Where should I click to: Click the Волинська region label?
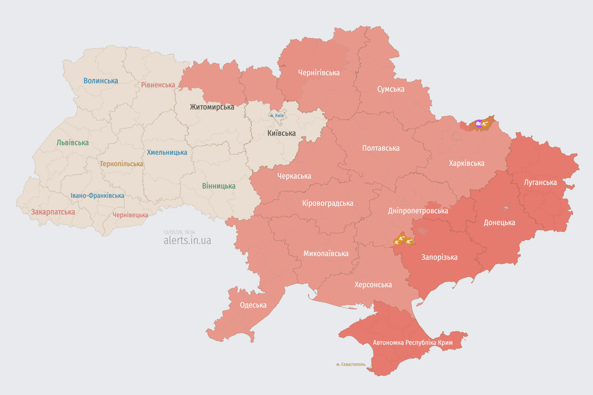click(x=100, y=81)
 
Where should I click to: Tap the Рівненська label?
click(x=158, y=85)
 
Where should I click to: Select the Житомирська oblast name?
click(x=212, y=107)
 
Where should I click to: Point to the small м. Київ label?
click(x=276, y=116)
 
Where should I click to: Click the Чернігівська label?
click(x=319, y=73)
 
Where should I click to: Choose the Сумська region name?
click(x=390, y=89)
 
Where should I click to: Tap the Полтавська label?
click(x=380, y=148)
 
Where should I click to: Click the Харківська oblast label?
click(x=466, y=163)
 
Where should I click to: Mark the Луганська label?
click(x=540, y=182)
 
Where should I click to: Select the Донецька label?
click(x=499, y=223)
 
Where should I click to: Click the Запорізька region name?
click(x=439, y=257)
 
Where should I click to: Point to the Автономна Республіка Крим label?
click(x=412, y=343)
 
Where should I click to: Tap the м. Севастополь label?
click(x=351, y=364)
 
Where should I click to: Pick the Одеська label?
click(x=253, y=305)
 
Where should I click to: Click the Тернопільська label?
click(x=121, y=164)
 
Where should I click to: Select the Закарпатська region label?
click(x=53, y=212)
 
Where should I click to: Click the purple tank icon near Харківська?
click(x=479, y=123)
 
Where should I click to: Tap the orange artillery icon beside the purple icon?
click(x=485, y=123)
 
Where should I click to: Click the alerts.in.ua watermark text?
click(x=187, y=240)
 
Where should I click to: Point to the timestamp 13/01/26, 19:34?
click(x=179, y=232)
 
